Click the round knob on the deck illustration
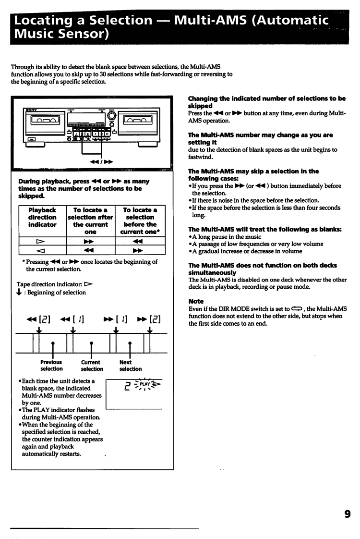[x=112, y=117]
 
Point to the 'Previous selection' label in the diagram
[x=51, y=366]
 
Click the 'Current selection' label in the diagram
[x=91, y=366]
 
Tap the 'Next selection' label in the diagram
[x=131, y=366]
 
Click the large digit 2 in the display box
[x=128, y=398]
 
